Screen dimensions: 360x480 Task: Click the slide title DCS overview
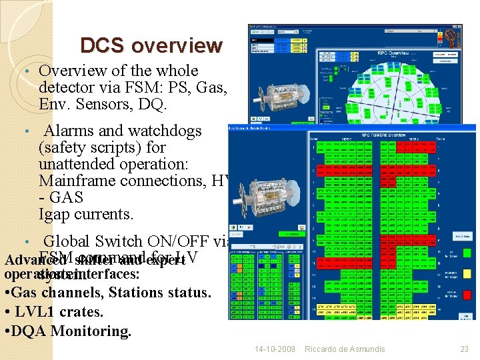(151, 45)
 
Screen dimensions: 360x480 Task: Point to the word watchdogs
(163, 131)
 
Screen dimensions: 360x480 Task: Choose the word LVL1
(33, 311)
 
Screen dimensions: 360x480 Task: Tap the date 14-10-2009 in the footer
(275, 349)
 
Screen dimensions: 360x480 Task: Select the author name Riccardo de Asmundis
(345, 349)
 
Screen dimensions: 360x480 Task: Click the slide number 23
(464, 349)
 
